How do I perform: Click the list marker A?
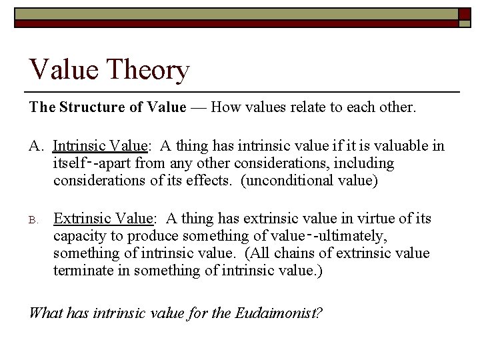[36, 146]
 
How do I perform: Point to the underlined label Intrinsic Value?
[100, 146]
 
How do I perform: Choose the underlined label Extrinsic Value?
[103, 219]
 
